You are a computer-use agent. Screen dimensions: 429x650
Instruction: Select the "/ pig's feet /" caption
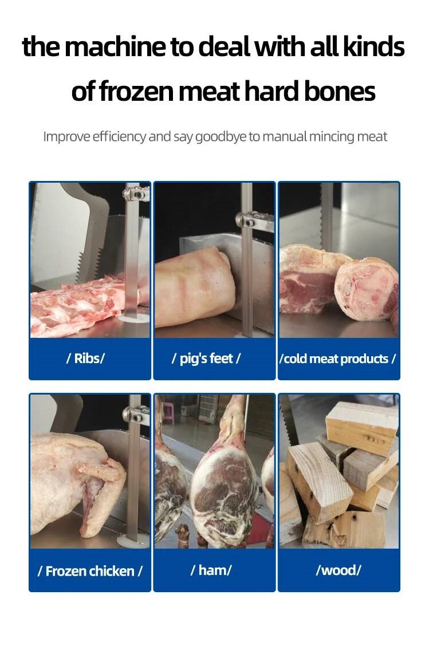click(x=206, y=358)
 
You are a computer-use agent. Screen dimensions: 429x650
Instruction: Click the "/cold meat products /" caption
click(x=338, y=359)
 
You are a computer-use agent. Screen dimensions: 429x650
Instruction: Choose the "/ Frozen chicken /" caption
click(x=89, y=571)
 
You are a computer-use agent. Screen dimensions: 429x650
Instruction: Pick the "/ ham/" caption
click(x=211, y=570)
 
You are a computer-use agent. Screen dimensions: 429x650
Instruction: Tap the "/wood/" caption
click(x=339, y=570)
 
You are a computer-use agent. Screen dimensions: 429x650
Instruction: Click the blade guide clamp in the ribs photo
click(x=136, y=194)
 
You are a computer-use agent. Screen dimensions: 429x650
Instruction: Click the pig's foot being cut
click(x=194, y=286)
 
